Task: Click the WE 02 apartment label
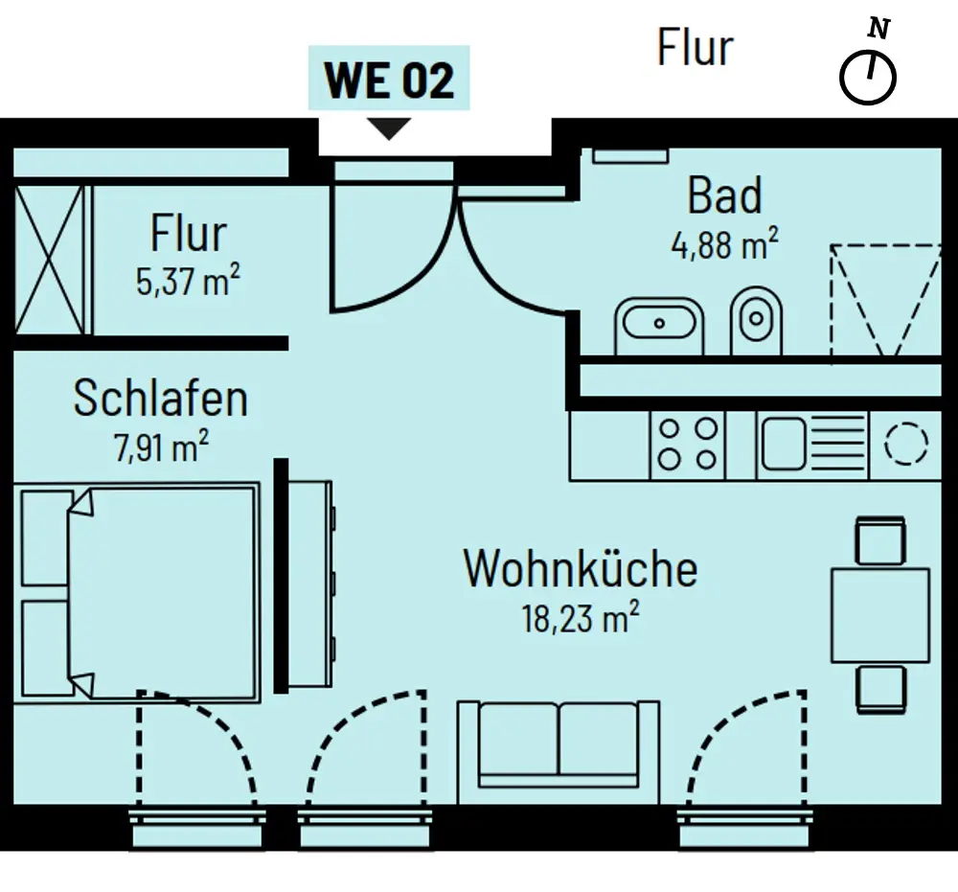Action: click(x=388, y=80)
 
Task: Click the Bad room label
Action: click(x=725, y=196)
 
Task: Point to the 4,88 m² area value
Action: click(x=724, y=245)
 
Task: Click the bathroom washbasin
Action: click(x=659, y=324)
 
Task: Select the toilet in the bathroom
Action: click(x=756, y=322)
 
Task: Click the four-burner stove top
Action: click(x=688, y=445)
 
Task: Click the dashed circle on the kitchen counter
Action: click(x=905, y=444)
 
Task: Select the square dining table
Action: click(x=879, y=615)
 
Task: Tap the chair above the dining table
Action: click(x=879, y=541)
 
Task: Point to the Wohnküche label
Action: click(x=580, y=569)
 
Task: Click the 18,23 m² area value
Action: click(x=580, y=618)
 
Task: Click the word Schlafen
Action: click(x=160, y=400)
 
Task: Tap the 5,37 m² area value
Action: click(x=188, y=283)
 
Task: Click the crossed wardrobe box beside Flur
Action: click(x=50, y=260)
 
